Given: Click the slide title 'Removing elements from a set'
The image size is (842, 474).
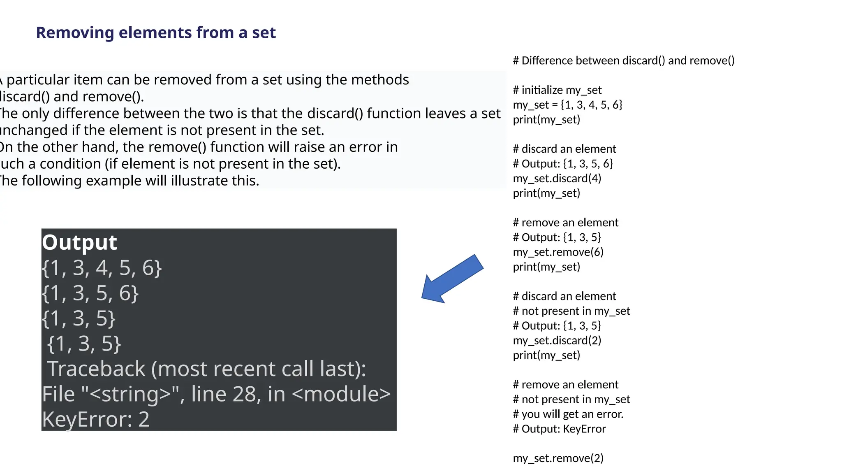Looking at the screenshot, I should point(156,33).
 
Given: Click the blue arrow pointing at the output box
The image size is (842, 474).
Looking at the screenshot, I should point(452,279).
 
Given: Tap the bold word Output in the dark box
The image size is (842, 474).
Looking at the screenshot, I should point(79,242).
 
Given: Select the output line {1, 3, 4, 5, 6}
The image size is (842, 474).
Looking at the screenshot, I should point(102,268).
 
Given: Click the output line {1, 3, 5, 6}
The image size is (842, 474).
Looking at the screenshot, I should point(90,293).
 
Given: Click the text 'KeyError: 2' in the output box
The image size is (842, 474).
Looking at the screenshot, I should point(96,419).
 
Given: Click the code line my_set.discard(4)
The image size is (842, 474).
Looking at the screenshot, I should point(557,179).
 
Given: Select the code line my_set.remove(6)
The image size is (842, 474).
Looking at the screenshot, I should point(558,252).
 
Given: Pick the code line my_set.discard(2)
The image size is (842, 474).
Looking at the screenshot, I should point(557,341).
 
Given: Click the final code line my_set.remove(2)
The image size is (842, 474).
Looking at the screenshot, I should point(558,458).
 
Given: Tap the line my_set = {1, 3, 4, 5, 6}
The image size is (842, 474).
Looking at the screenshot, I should point(567,105).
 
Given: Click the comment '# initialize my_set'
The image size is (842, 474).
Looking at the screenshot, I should point(557,90).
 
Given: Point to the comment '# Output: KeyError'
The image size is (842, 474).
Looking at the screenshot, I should point(559,429).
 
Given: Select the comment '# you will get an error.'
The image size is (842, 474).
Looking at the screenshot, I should point(568,414).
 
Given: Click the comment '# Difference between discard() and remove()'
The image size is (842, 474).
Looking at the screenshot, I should point(623,61).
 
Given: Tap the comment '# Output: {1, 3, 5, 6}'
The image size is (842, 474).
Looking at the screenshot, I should point(562,164).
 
